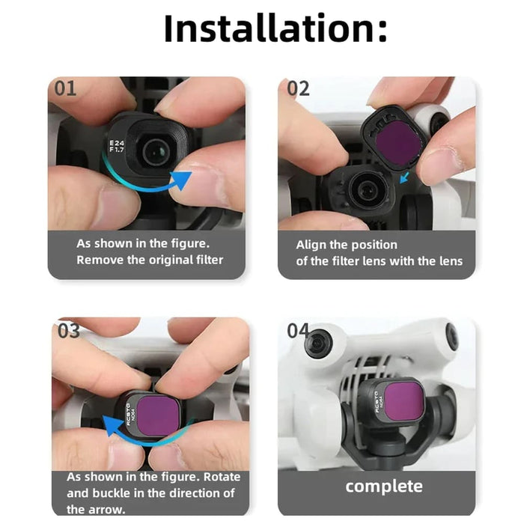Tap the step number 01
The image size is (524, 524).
point(65,89)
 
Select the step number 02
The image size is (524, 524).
point(298,89)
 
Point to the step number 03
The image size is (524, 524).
point(68,330)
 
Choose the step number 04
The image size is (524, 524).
point(298,329)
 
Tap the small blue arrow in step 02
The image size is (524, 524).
point(405,177)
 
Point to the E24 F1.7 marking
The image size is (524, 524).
point(117,146)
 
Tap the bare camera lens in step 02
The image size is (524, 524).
point(368,188)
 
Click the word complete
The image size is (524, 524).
point(384,486)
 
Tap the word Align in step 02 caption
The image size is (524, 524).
point(311,244)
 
